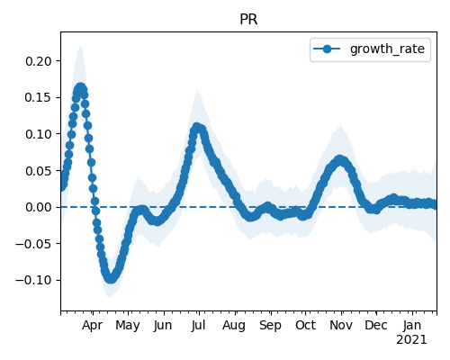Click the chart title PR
248,20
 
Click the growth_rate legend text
387,49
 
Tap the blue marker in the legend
327,49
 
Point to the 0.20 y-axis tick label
39,61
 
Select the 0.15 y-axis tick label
39,97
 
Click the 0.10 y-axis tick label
39,134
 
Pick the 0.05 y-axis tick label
39,171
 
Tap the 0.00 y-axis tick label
39,207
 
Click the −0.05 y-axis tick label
34,244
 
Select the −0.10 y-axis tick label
34,280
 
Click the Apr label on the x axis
93,325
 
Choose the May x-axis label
128,326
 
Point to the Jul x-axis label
198,325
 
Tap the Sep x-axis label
270,326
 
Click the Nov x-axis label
341,325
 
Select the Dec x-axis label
376,325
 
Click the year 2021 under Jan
411,340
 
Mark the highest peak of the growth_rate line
80,87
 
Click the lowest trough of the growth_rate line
111,278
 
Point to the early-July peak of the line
197,128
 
